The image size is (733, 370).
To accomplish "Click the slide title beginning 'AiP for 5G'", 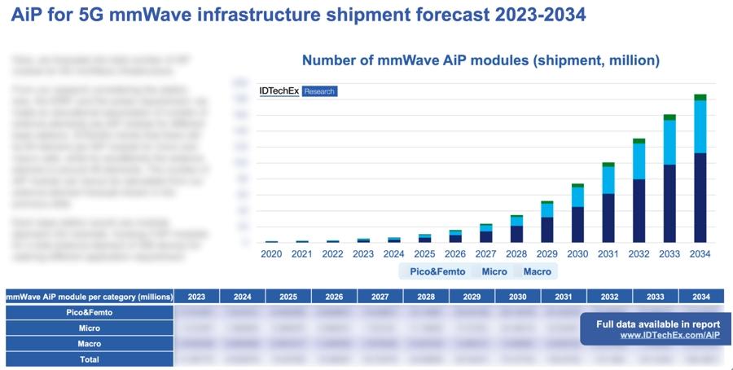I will (x=298, y=15).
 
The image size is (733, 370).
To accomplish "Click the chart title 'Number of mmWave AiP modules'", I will (x=481, y=60).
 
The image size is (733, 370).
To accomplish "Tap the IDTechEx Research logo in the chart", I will (x=297, y=91).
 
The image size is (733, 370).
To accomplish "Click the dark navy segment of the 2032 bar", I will (x=639, y=210).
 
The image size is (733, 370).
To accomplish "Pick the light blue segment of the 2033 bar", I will (x=669, y=142).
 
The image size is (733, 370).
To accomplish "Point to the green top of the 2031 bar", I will (x=608, y=164).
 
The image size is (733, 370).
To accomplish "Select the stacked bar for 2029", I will (x=547, y=222).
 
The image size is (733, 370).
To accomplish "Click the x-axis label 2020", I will (x=272, y=254).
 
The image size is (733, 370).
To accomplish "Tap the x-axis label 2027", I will (x=486, y=254).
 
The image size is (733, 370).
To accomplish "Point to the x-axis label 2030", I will (x=577, y=254).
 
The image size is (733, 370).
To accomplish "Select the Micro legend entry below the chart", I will (x=494, y=271).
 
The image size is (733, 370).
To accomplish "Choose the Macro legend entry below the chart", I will (x=537, y=271).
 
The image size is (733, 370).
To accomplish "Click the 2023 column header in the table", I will (x=196, y=297).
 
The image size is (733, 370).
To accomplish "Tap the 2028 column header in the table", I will (x=426, y=297).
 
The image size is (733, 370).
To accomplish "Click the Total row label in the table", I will (x=89, y=359).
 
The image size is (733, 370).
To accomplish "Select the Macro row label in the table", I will (x=89, y=343).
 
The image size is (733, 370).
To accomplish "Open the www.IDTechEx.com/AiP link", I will (x=669, y=335).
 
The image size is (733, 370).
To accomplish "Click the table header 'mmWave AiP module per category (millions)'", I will (x=89, y=297).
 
